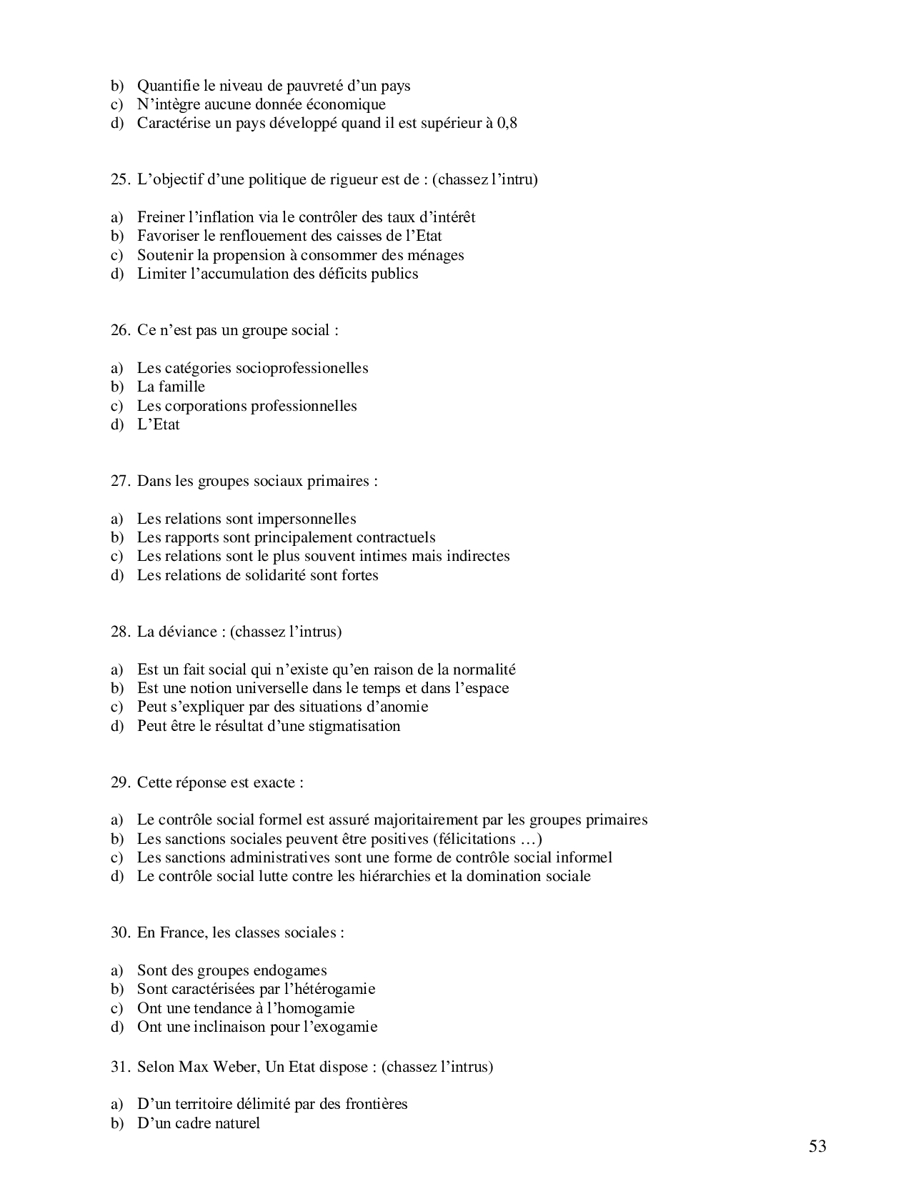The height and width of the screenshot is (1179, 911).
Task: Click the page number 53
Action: pyautogui.click(x=817, y=1146)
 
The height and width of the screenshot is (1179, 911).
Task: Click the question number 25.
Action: pyautogui.click(x=119, y=179)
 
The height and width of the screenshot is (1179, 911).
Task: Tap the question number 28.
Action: pyautogui.click(x=119, y=632)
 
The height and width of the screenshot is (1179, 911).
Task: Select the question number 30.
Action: pyautogui.click(x=119, y=932)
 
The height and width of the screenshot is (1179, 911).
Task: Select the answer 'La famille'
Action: pyautogui.click(x=171, y=387)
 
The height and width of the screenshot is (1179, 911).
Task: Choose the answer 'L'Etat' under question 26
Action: pyautogui.click(x=158, y=424)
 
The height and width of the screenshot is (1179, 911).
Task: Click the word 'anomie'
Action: pyautogui.click(x=405, y=707)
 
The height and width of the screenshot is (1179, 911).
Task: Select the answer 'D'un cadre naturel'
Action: pyautogui.click(x=198, y=1123)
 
